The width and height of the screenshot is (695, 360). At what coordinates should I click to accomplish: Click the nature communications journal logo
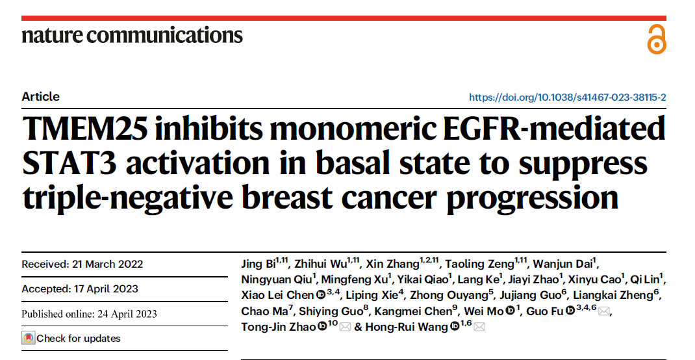click(x=132, y=34)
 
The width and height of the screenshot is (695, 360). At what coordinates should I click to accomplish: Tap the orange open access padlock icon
click(x=657, y=40)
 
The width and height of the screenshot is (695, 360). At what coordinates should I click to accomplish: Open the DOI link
click(x=567, y=97)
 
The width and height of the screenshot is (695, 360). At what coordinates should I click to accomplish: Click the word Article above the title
click(x=40, y=97)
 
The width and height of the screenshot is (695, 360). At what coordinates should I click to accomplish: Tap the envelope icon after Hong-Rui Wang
click(x=479, y=327)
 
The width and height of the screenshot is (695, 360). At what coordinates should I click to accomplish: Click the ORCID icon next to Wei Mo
click(x=511, y=311)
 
